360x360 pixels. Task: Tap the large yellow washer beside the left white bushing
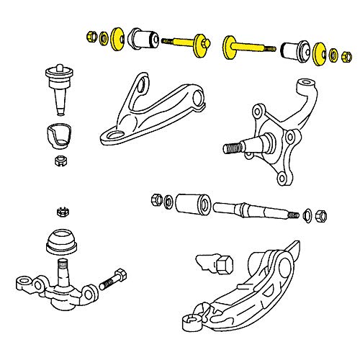(117, 38)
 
